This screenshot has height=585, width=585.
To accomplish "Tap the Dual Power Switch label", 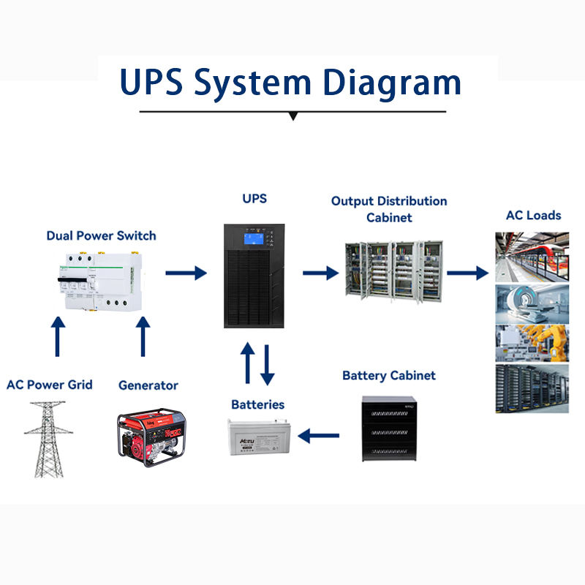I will tap(101, 235).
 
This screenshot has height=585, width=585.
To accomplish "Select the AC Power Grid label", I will tap(50, 385).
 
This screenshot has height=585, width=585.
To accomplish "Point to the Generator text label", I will tap(148, 385).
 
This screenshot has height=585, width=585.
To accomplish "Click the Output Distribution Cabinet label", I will tap(389, 208).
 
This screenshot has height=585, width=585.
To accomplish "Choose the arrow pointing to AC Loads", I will tap(467, 273).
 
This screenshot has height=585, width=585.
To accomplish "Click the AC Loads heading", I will tap(534, 216).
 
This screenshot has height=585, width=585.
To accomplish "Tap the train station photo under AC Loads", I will tap(532, 257).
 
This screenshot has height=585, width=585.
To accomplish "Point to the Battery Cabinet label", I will tap(389, 376).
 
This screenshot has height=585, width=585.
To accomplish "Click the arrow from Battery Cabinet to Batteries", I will tap(320, 437).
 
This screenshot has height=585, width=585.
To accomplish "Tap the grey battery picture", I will tap(257, 440).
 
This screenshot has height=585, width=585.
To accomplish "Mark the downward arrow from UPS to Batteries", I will tap(268, 363).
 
